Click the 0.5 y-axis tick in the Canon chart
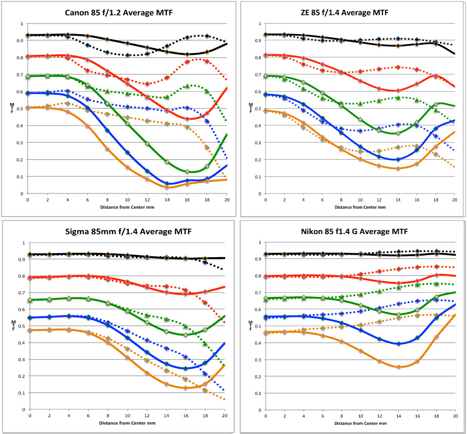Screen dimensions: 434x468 (x=21, y=108)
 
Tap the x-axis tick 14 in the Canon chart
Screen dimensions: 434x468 (x=167, y=200)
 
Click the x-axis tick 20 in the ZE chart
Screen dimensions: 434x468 (x=454, y=200)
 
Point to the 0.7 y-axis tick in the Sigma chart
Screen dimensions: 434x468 (x=23, y=293)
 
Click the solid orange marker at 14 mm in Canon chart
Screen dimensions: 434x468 (x=167, y=187)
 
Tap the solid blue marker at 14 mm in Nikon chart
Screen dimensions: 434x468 (x=398, y=344)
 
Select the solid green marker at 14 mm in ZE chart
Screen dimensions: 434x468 (x=398, y=133)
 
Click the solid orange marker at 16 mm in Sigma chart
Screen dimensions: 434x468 (x=186, y=388)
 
